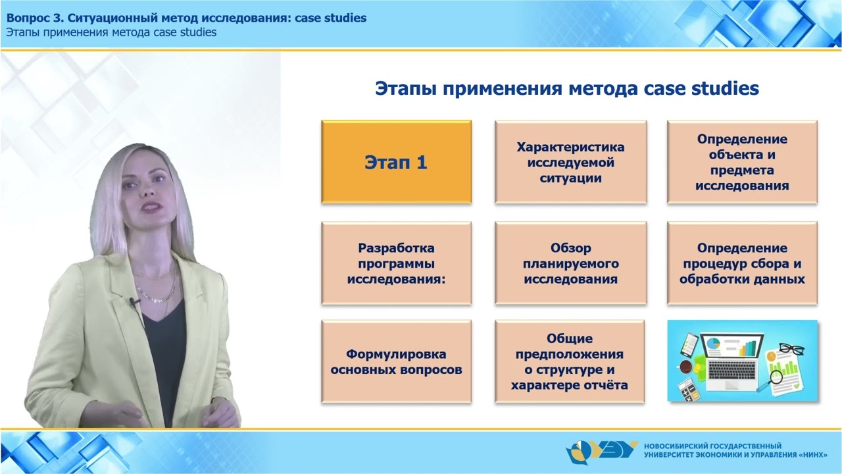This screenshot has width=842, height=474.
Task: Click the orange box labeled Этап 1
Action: click(x=396, y=162)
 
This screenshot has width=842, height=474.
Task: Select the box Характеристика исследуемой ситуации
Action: click(x=570, y=162)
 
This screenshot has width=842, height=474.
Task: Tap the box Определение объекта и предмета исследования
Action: click(x=742, y=162)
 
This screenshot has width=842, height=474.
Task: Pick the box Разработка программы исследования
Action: click(x=396, y=263)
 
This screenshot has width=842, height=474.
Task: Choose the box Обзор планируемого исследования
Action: click(x=570, y=263)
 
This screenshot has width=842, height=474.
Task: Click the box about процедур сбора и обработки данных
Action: click(x=742, y=263)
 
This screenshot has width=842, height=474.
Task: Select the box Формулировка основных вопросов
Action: click(x=396, y=361)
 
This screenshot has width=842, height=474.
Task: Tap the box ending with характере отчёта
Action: click(x=570, y=361)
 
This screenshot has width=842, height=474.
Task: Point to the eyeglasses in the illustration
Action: click(x=791, y=349)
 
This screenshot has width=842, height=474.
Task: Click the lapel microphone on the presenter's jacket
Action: click(x=133, y=302)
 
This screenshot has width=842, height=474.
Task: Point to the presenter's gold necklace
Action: click(x=157, y=290)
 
